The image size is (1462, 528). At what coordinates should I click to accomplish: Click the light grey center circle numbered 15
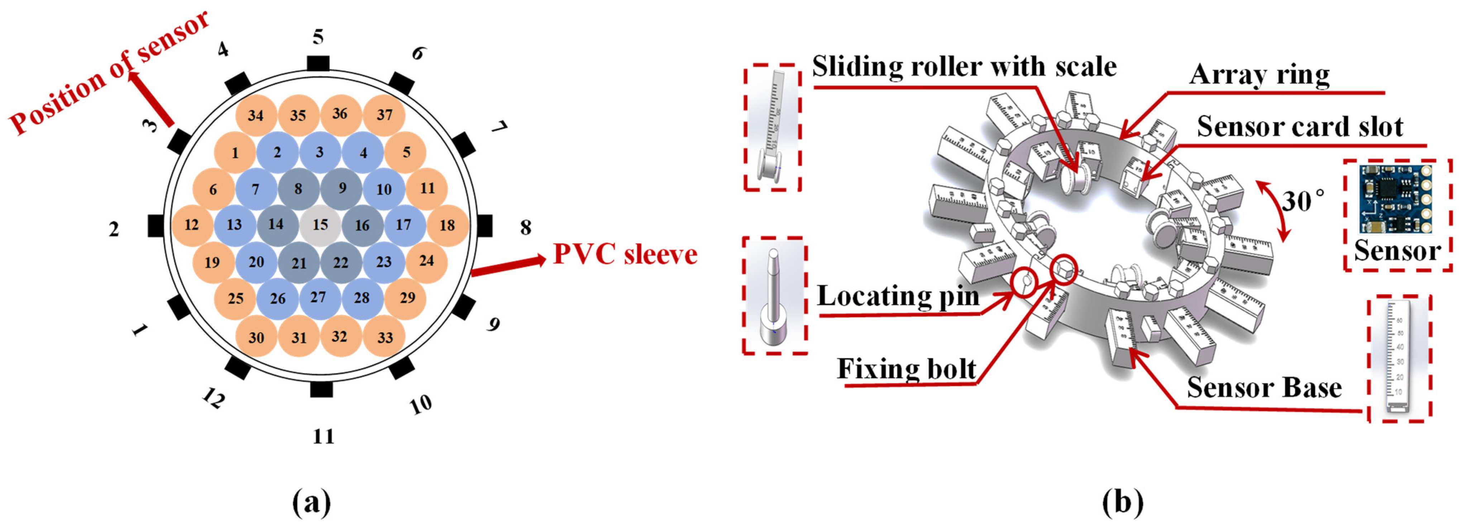tap(320, 224)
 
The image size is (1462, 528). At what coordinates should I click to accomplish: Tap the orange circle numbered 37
tap(384, 115)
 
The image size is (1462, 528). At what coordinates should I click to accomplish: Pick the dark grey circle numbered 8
tap(298, 188)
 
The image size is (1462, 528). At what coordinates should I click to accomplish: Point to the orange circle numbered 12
tap(192, 224)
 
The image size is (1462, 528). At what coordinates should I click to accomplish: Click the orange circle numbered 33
tap(385, 338)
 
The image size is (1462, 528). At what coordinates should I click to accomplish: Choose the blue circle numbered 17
tap(403, 224)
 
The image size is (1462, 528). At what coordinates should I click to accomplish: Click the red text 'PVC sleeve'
tap(625, 254)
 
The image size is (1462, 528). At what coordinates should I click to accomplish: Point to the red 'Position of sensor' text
tap(108, 74)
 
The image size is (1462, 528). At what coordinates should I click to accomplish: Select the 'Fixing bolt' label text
tap(906, 369)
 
